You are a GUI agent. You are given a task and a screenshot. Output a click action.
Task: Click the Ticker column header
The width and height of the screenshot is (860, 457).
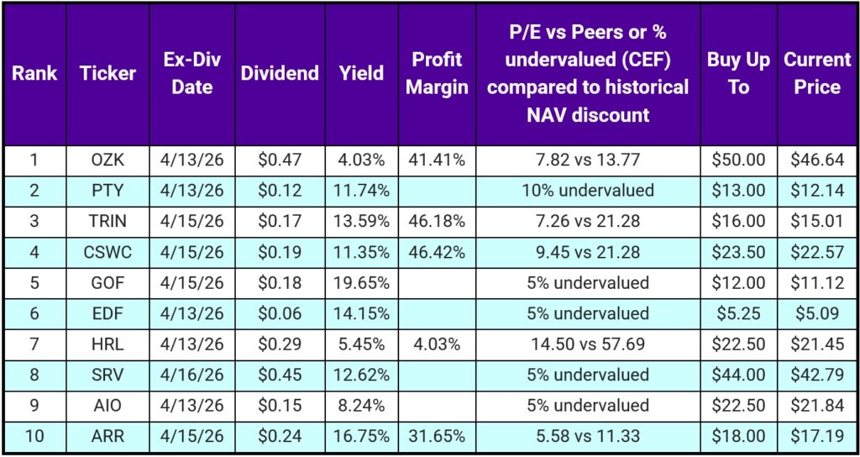107,73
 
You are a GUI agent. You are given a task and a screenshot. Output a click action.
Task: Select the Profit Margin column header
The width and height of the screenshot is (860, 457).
437,73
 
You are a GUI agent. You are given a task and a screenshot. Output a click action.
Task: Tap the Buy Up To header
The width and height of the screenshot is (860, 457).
738,73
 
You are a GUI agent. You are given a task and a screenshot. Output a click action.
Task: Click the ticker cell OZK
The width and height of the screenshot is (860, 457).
107,160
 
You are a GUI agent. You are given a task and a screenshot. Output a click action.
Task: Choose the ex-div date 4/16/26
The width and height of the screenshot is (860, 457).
192,376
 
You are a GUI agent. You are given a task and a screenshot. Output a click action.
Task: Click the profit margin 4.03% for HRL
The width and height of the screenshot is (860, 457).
437,344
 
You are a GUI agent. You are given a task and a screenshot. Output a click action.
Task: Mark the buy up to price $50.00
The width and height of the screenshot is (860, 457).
738,160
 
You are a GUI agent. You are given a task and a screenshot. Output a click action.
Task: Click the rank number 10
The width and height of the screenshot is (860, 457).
34,437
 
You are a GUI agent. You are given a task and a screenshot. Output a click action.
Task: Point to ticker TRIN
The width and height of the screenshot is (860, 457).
107,221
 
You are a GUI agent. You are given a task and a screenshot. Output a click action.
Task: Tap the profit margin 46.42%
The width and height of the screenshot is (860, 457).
437,252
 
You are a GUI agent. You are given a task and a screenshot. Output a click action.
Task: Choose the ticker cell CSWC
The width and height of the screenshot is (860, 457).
107,252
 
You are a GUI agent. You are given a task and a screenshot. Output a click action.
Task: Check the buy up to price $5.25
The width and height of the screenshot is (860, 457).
738,313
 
